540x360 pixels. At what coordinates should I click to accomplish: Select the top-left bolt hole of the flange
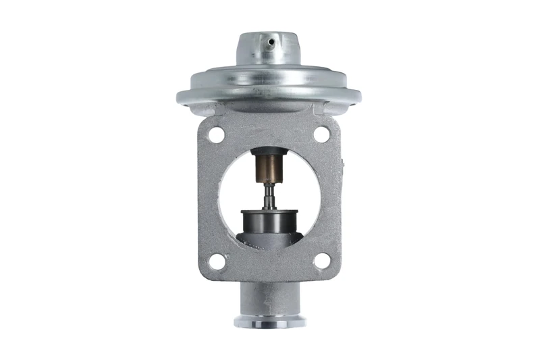(216, 134)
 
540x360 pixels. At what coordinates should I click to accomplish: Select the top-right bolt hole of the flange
(322, 134)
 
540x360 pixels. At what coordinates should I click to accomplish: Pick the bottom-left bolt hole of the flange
(216, 261)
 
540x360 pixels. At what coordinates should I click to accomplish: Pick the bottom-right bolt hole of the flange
(322, 261)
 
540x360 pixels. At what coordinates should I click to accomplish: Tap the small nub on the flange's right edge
(342, 163)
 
